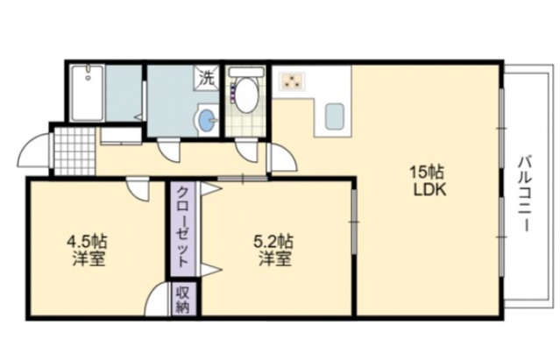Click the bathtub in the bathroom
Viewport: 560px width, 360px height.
click(x=88, y=95)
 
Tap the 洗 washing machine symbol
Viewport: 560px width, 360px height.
click(x=208, y=76)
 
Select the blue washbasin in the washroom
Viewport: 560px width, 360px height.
click(x=206, y=119)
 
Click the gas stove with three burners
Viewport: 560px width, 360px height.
click(x=291, y=81)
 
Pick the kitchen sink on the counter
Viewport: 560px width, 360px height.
click(x=334, y=116)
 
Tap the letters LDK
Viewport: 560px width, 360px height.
click(x=428, y=189)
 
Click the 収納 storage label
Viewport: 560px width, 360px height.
click(x=183, y=300)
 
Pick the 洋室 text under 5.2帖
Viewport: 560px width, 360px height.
click(x=273, y=259)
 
